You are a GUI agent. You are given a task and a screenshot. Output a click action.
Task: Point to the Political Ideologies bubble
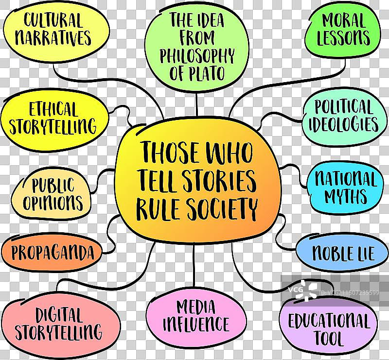pos(343,116)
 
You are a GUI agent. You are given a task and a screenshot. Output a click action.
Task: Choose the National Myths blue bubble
pos(345,188)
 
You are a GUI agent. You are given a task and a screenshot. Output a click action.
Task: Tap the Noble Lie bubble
pos(343,253)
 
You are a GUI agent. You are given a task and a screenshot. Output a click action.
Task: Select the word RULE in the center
pos(156,209)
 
